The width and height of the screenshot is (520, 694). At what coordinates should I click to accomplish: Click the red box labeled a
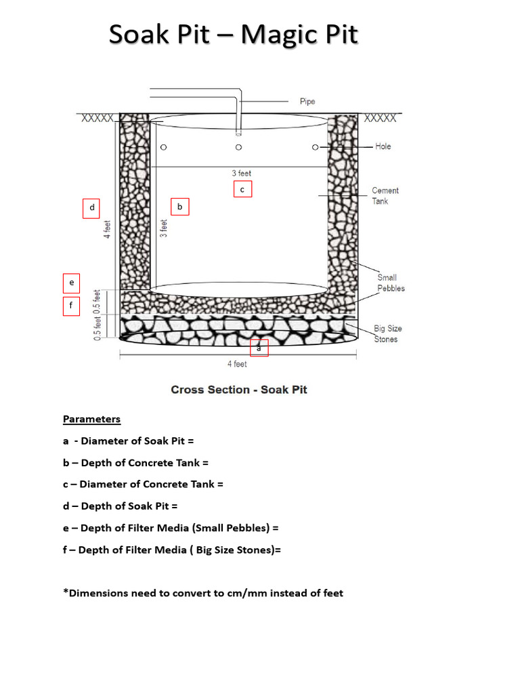pyautogui.click(x=259, y=348)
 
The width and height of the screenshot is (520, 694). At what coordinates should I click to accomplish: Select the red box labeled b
pyautogui.click(x=179, y=206)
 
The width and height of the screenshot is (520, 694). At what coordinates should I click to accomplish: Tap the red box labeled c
pyautogui.click(x=242, y=189)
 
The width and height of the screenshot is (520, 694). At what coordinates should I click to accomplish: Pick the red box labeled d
pyautogui.click(x=91, y=207)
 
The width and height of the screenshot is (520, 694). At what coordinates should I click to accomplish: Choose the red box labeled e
pyautogui.click(x=71, y=283)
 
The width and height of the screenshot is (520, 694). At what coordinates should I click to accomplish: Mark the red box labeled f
pyautogui.click(x=71, y=306)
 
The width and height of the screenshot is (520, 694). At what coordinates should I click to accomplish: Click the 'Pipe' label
pyautogui.click(x=307, y=102)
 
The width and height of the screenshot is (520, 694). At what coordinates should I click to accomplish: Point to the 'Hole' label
pyautogui.click(x=383, y=146)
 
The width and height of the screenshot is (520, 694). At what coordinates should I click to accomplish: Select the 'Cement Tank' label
pyautogui.click(x=385, y=196)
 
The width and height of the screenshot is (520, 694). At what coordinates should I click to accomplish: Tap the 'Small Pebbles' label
pyautogui.click(x=391, y=283)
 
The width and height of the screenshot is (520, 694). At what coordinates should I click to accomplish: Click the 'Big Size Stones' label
pyautogui.click(x=387, y=333)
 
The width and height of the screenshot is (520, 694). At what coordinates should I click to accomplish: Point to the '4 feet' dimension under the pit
pyautogui.click(x=237, y=364)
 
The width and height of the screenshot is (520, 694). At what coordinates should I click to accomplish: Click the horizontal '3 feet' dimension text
pyautogui.click(x=241, y=173)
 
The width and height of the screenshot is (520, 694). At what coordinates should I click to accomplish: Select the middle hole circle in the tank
pyautogui.click(x=238, y=147)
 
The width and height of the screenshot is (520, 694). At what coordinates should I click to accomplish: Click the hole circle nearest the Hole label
pyautogui.click(x=315, y=147)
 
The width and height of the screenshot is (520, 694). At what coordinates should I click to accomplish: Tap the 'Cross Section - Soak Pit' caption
pyautogui.click(x=239, y=390)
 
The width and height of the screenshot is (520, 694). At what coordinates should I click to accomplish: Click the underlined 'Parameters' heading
pyautogui.click(x=91, y=419)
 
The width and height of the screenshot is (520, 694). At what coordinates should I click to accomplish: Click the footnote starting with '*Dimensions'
pyautogui.click(x=203, y=593)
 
